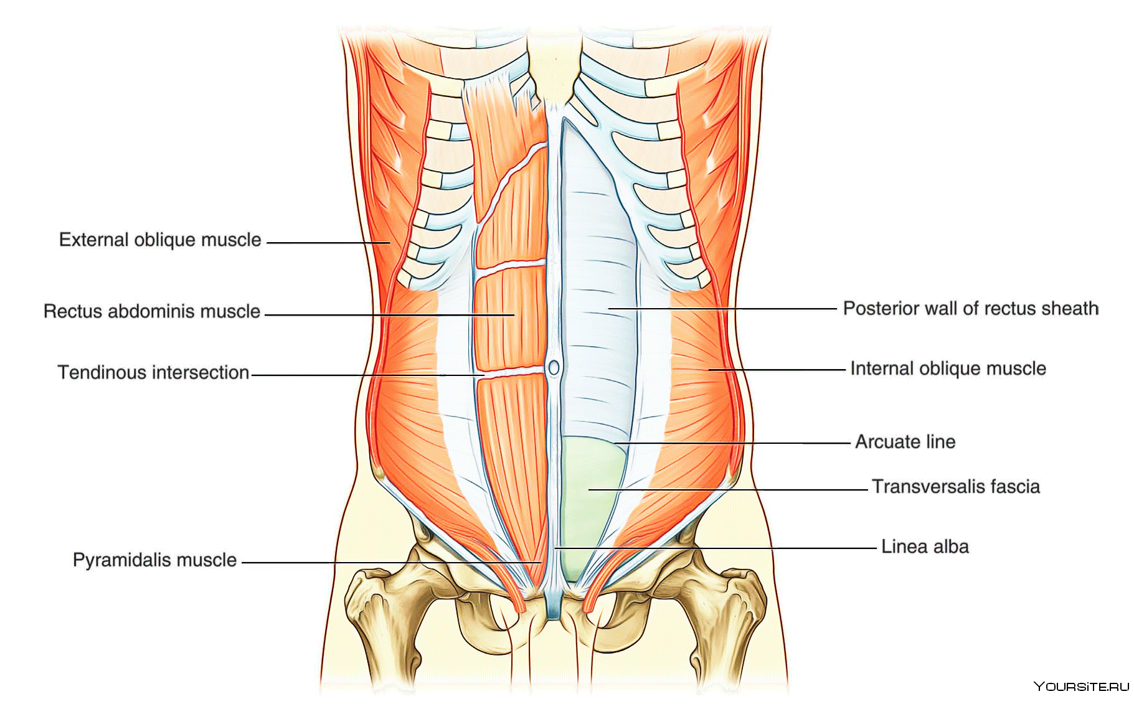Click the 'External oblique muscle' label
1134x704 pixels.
[x=160, y=240]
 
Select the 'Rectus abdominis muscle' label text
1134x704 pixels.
[x=152, y=311]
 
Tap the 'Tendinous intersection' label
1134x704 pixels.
[x=153, y=372]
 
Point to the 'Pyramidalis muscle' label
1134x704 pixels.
[x=154, y=560]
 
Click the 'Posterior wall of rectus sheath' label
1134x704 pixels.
[x=970, y=308]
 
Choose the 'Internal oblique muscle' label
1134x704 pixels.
[x=948, y=368]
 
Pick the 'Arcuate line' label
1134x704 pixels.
[x=905, y=442]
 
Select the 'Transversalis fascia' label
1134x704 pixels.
[x=955, y=486]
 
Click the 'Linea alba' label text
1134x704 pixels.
[x=925, y=547]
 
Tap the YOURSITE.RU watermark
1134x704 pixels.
[x=1080, y=686]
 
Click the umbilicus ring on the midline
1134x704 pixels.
[x=553, y=367]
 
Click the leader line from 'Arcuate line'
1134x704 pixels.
[x=732, y=443]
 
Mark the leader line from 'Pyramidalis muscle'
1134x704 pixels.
[x=392, y=563]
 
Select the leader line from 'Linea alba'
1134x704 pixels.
[x=716, y=548]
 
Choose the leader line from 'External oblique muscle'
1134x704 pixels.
[x=328, y=243]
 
